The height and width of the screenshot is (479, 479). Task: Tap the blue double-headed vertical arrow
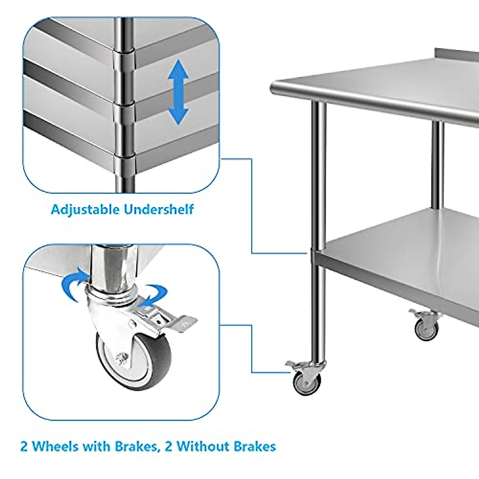(x=178, y=92)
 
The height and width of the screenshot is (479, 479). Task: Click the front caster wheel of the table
(x=306, y=382)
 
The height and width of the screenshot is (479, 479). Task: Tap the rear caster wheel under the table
(x=427, y=330)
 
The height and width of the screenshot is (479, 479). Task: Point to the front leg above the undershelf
(x=319, y=172)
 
